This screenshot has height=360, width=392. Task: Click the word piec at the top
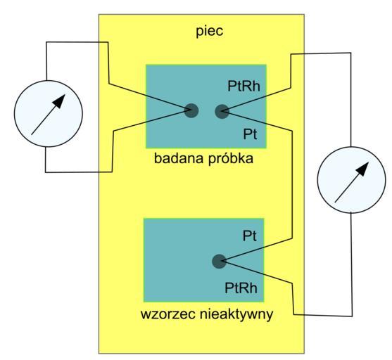tap(209, 31)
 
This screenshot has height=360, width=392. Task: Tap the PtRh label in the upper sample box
tap(244, 86)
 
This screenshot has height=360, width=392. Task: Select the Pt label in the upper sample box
tap(250, 134)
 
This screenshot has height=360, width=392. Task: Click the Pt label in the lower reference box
tap(250, 236)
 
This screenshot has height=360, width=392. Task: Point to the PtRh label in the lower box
tap(241, 288)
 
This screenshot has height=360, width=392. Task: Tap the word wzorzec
tap(168, 314)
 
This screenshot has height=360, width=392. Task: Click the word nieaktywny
tap(236, 314)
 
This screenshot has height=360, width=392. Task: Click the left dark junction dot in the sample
tap(191, 110)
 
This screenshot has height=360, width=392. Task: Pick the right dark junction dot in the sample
tap(222, 111)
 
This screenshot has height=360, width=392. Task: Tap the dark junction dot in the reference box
tap(219, 262)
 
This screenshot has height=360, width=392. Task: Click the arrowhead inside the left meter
tap(59, 101)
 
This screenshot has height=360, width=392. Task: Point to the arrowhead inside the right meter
tap(362, 169)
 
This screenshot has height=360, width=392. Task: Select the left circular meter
tap(49, 114)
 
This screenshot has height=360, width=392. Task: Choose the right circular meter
tap(351, 180)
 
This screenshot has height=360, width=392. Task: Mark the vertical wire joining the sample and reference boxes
tap(292, 184)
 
